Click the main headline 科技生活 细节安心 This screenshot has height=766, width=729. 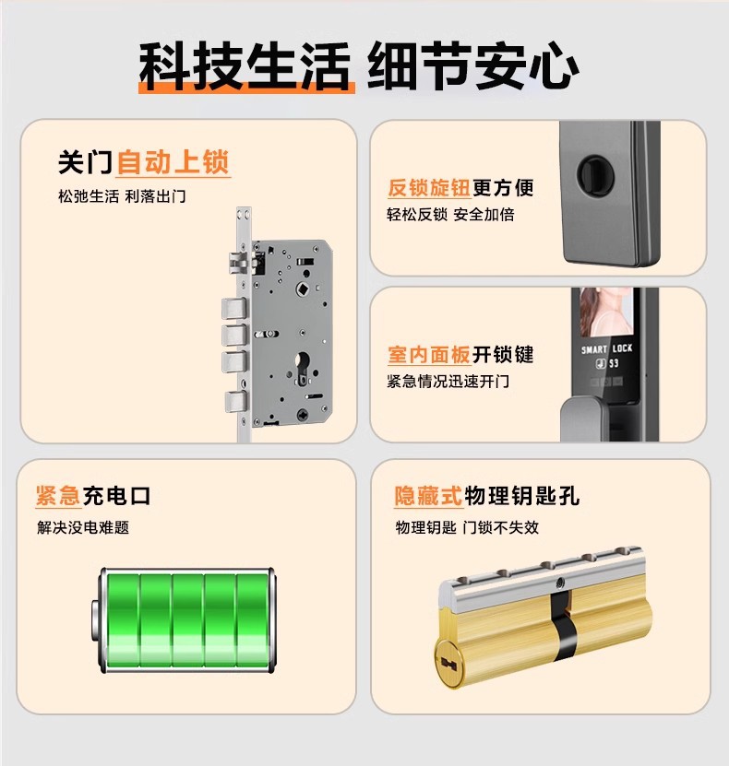359,65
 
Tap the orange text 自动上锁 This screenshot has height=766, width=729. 173,162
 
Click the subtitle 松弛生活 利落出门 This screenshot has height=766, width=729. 122,196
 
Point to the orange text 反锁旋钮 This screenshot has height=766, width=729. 429,187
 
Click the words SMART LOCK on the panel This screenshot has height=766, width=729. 607,348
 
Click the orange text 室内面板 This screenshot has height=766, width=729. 429,355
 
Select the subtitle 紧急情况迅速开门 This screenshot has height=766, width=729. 448,381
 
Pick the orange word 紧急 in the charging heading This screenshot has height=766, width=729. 58,495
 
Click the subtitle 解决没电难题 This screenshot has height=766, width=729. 83,527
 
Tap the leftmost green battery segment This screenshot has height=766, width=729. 123,619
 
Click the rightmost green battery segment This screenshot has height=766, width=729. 252,619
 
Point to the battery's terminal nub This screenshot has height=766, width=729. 94,620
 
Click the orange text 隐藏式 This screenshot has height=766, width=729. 428,496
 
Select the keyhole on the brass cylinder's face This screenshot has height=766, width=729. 448,664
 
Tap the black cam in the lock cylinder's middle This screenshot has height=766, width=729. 564,626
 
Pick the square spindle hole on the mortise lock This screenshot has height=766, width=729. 303,289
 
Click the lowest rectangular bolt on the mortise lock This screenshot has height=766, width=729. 235,402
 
